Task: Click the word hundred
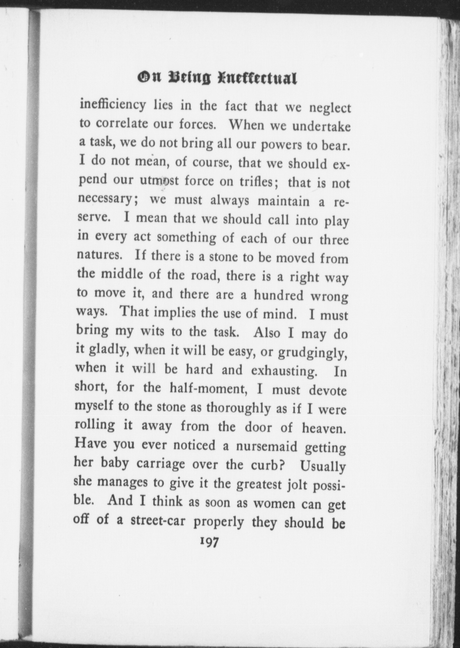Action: pos(279,295)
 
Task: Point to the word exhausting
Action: pos(284,371)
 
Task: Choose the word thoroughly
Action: pos(238,408)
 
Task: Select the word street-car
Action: pos(158,521)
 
